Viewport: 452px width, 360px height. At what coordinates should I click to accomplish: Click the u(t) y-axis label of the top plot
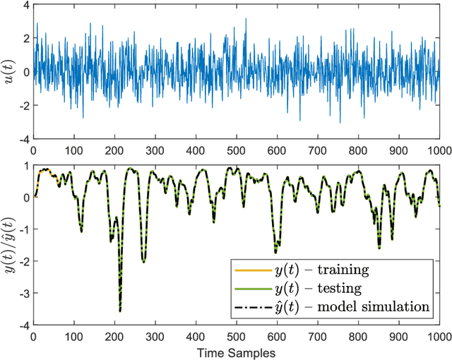click(x=9, y=72)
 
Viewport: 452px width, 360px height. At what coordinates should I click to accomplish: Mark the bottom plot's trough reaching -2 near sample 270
click(x=143, y=261)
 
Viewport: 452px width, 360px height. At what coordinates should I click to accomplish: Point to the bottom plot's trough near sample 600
click(x=275, y=252)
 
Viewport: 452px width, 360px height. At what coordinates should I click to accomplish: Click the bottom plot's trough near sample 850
click(x=379, y=247)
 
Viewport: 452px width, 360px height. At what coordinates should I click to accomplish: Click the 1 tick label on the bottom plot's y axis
click(x=24, y=166)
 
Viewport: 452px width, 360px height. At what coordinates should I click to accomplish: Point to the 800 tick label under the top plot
click(x=358, y=150)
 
